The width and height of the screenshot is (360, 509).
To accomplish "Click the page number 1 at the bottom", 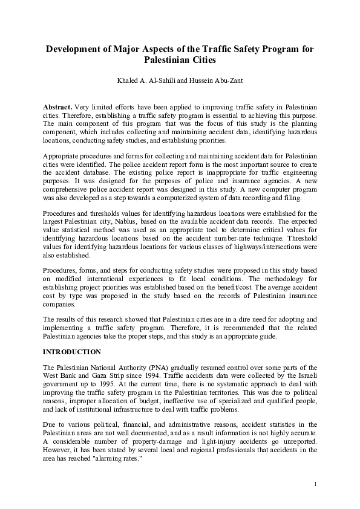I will [x=316, y=484].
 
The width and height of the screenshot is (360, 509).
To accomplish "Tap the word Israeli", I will [x=304, y=375].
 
